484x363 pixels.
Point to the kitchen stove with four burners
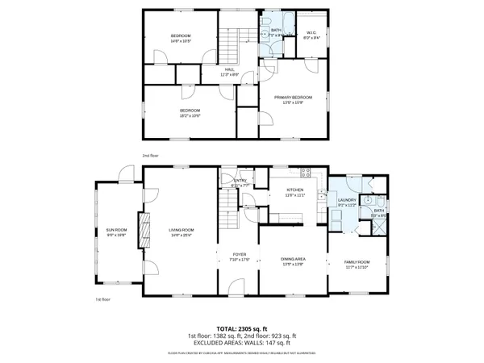click(306, 172)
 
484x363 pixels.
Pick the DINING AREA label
click(292, 259)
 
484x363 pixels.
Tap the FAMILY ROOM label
click(357, 263)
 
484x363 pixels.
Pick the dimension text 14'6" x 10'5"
click(180, 41)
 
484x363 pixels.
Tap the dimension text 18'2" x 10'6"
click(189, 115)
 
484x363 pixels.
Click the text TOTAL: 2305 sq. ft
click(242, 328)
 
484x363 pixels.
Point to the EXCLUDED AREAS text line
click(242, 342)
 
